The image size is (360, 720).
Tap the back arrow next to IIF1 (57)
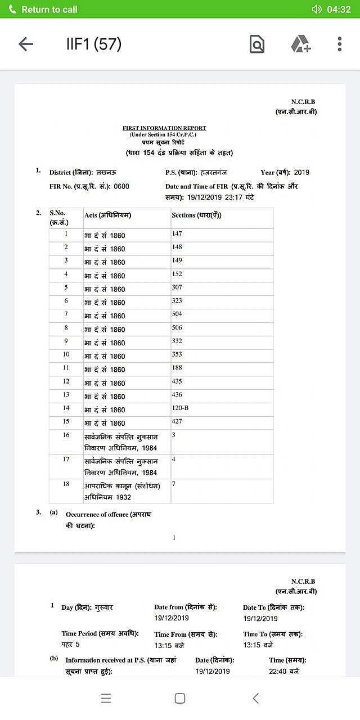click(x=26, y=44)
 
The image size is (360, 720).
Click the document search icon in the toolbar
click(x=256, y=44)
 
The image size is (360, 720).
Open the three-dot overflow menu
click(x=339, y=44)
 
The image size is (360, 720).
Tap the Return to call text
click(x=49, y=10)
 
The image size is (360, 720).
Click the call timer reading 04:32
click(x=339, y=10)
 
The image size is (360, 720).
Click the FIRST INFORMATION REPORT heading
click(x=164, y=128)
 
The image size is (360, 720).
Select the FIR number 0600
click(x=121, y=186)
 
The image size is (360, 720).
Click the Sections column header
click(x=196, y=215)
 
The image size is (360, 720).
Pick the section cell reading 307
click(x=177, y=287)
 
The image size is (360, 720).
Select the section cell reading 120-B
click(x=181, y=408)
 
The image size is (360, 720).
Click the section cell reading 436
click(x=177, y=394)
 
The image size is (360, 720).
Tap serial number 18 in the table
click(x=66, y=484)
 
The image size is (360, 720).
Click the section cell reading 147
click(x=177, y=233)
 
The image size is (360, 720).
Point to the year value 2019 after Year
click(x=301, y=173)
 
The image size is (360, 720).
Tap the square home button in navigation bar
click(x=180, y=698)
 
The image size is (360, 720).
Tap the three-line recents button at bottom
click(x=106, y=698)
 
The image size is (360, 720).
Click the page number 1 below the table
click(x=174, y=538)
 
